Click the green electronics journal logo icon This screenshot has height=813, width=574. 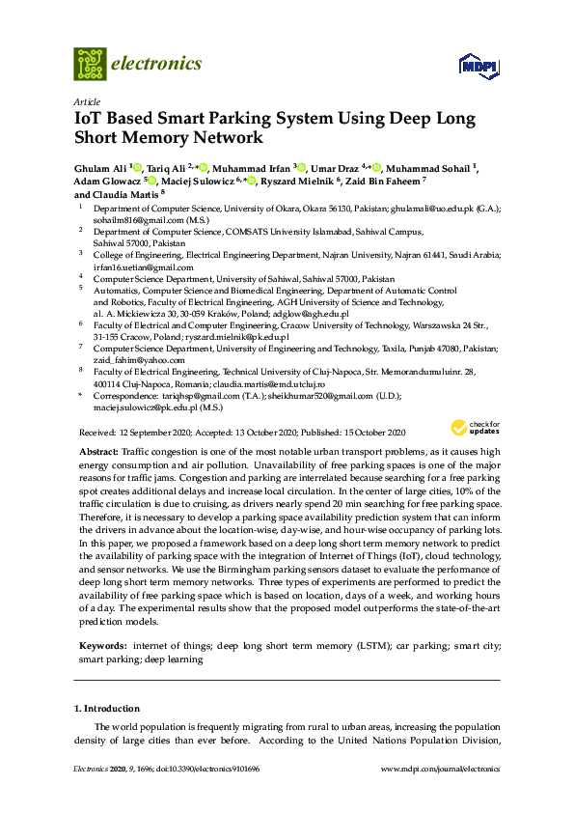point(90,64)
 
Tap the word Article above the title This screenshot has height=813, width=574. point(86,101)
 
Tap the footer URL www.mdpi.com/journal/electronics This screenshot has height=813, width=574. point(441,769)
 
